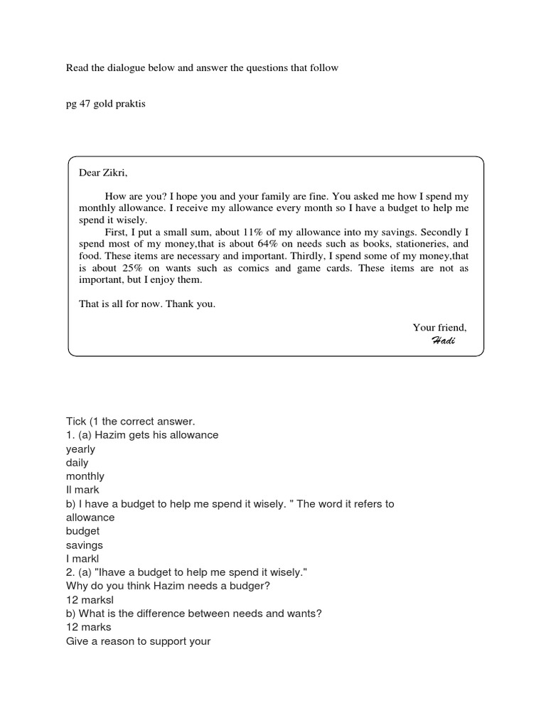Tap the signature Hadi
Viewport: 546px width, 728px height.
pyautogui.click(x=443, y=340)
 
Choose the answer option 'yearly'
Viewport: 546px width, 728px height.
pyautogui.click(x=80, y=449)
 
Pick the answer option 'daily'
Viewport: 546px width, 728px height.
pyautogui.click(x=77, y=463)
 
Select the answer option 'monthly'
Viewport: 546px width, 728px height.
pyautogui.click(x=85, y=476)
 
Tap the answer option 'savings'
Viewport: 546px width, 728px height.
pyautogui.click(x=85, y=545)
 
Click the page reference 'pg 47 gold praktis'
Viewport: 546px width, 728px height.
pyautogui.click(x=105, y=105)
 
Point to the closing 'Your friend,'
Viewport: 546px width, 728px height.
pyautogui.click(x=439, y=327)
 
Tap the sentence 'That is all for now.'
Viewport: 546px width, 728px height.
pyautogui.click(x=122, y=304)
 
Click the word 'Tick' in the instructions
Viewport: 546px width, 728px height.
pyautogui.click(x=75, y=422)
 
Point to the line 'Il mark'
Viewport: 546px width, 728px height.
pyautogui.click(x=82, y=490)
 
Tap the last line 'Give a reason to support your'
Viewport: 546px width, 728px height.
pyautogui.click(x=139, y=641)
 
